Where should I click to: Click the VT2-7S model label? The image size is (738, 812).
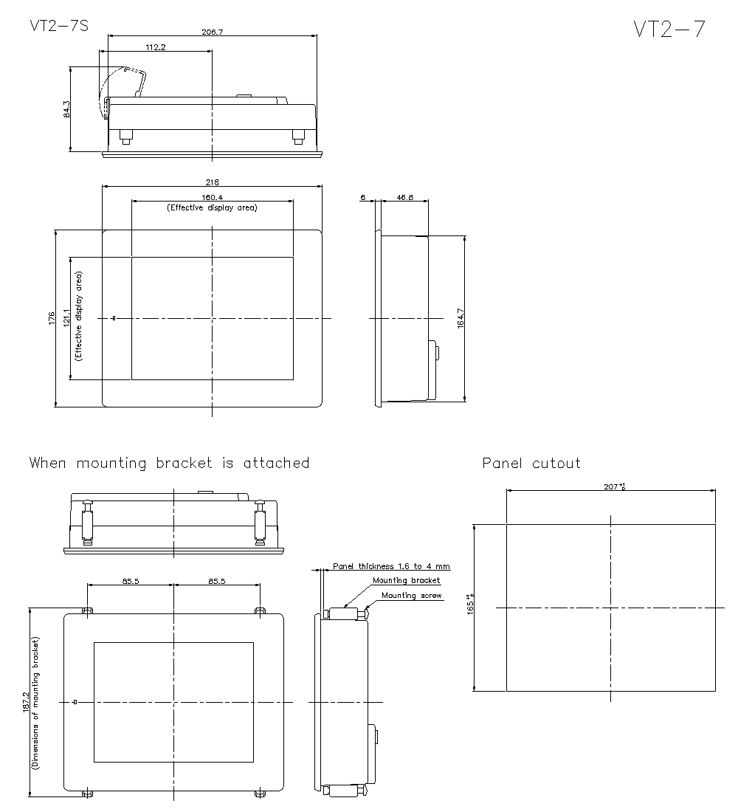tap(59, 27)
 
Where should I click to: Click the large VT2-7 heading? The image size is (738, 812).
tap(669, 29)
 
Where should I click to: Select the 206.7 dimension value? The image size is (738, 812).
tap(213, 32)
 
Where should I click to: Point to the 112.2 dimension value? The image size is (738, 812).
tap(156, 47)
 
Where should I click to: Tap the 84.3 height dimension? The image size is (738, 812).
tap(66, 109)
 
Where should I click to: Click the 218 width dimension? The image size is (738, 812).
tap(213, 182)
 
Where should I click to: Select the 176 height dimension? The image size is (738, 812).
tap(52, 318)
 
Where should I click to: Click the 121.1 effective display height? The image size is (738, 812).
tap(66, 318)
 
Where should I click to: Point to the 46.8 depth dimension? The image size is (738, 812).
tap(404, 198)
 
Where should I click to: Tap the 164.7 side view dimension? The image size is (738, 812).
tap(461, 318)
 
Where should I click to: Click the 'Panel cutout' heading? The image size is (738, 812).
tap(531, 464)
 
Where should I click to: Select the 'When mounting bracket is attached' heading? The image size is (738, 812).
tap(169, 464)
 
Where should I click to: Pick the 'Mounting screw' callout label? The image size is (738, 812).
tap(412, 595)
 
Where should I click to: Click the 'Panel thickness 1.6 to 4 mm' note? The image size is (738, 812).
tap(391, 566)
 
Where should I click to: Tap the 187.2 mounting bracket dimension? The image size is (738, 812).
tap(26, 702)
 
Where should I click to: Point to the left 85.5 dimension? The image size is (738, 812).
tap(132, 581)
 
